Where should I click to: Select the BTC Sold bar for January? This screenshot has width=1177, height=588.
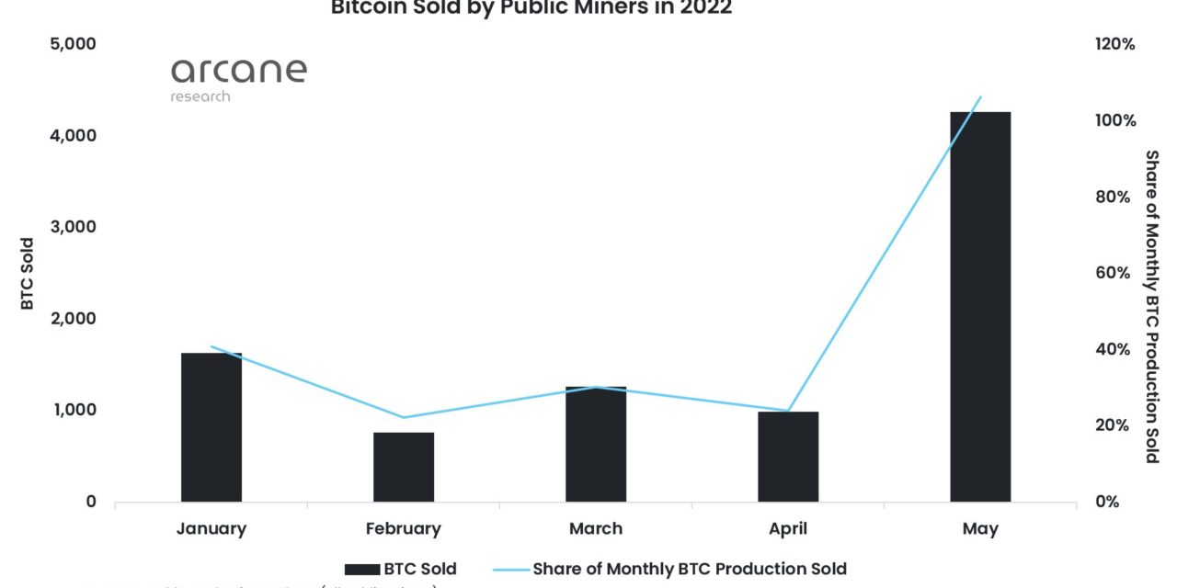211,427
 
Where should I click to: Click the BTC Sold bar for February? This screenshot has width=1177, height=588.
403,467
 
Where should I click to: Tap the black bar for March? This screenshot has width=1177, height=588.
595,445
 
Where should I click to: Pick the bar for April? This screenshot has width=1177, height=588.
788,457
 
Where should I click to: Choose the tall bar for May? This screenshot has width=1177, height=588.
980,307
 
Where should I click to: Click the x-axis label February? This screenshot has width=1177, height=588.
403,528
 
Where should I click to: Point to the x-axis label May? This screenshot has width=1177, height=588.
980,528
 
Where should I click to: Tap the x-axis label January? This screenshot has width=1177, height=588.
211,528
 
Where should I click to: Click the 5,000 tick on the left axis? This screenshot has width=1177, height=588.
72,44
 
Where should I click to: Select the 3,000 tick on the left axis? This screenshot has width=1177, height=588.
72,227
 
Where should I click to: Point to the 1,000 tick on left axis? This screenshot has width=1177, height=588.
72,410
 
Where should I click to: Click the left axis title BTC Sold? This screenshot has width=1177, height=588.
28,273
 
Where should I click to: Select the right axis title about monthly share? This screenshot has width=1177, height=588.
1151,307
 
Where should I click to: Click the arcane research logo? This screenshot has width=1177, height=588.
237,79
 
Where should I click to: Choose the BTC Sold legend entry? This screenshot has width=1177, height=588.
401,569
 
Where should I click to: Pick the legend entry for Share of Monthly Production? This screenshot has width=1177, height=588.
669,569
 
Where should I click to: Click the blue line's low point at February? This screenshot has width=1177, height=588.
403,418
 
